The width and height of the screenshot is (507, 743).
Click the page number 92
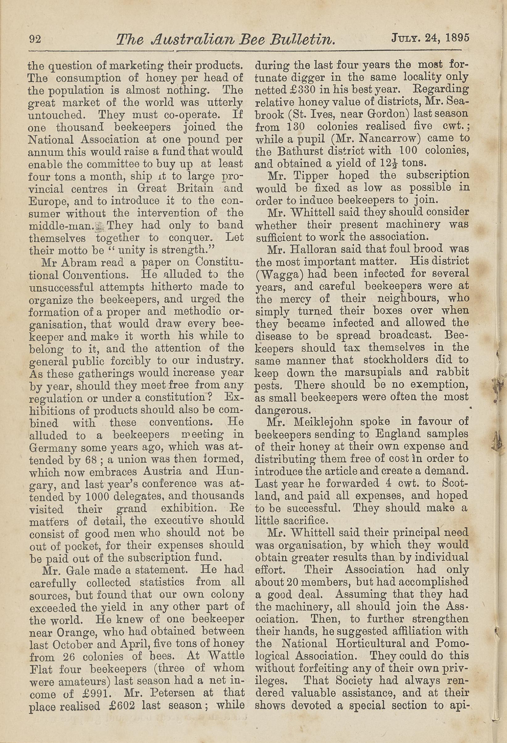point(35,39)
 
